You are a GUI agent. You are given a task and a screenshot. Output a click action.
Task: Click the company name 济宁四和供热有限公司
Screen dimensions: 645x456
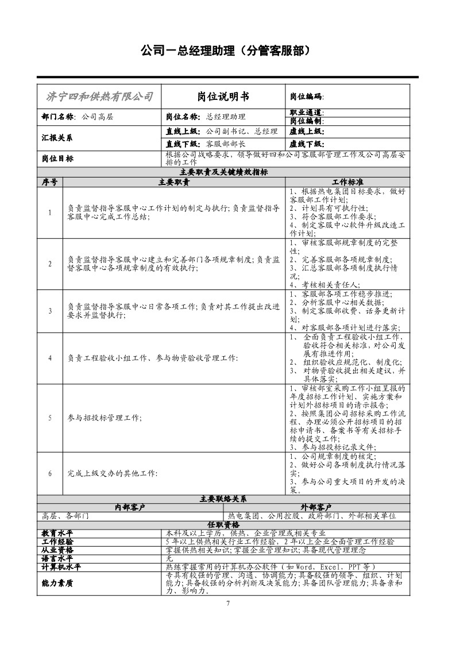coord(99,96)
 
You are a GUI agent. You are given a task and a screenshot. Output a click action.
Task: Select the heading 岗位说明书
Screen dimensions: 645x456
coord(223,96)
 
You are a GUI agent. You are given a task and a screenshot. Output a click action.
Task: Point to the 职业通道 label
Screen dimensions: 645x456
coord(307,113)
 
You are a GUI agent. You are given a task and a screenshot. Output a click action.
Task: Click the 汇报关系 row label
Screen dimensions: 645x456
coord(57,138)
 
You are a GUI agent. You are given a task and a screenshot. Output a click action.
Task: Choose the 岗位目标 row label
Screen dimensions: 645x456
coord(57,159)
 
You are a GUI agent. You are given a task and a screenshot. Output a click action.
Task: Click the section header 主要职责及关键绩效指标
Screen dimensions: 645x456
coord(223,172)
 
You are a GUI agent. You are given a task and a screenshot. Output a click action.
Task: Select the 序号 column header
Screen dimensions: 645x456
coord(49,181)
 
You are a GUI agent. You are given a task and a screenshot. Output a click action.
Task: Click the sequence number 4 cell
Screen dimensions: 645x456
coord(50,358)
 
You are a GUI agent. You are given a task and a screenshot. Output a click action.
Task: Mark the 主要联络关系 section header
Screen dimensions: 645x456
coord(223,499)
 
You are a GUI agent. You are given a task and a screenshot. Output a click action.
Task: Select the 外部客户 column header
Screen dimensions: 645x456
coord(316,507)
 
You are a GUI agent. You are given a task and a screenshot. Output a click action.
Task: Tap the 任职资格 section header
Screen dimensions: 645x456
coord(223,524)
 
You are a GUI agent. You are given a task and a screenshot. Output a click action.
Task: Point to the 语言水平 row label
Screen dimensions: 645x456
coord(57,558)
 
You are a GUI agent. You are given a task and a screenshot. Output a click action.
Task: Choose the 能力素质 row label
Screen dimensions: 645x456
coord(57,582)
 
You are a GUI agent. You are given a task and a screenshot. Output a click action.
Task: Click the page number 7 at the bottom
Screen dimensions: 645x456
coord(228,603)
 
